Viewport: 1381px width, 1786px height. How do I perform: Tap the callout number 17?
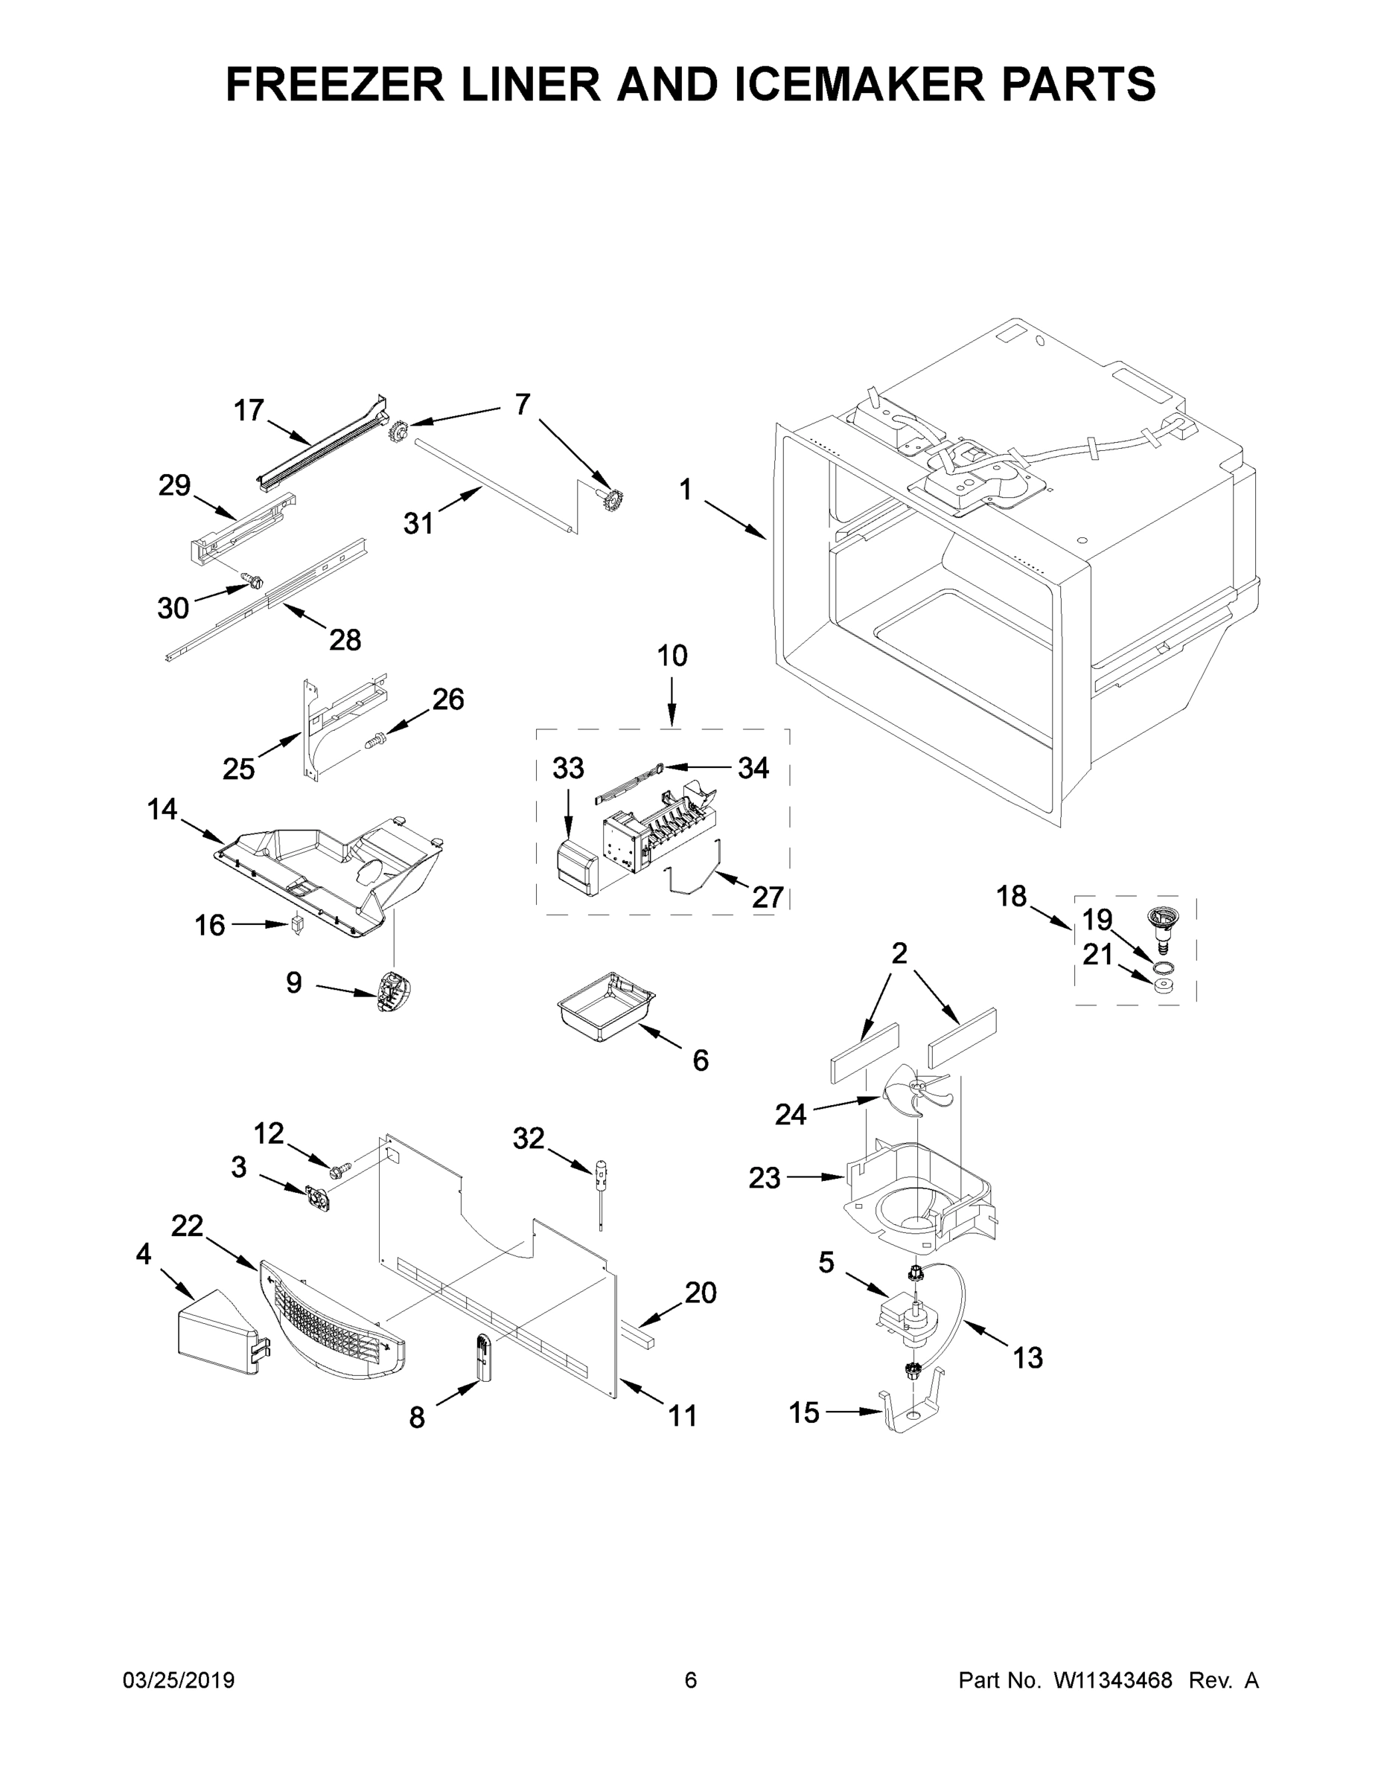(x=249, y=410)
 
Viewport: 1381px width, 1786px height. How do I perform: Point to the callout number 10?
(x=672, y=656)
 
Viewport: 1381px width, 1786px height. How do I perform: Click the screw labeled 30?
(x=255, y=580)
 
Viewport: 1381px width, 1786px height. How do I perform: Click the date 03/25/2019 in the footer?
(x=179, y=1680)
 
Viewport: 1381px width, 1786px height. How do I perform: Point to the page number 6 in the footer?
(x=691, y=1680)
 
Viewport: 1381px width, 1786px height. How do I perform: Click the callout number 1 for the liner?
(x=686, y=490)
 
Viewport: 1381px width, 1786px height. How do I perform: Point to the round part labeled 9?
(x=391, y=991)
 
